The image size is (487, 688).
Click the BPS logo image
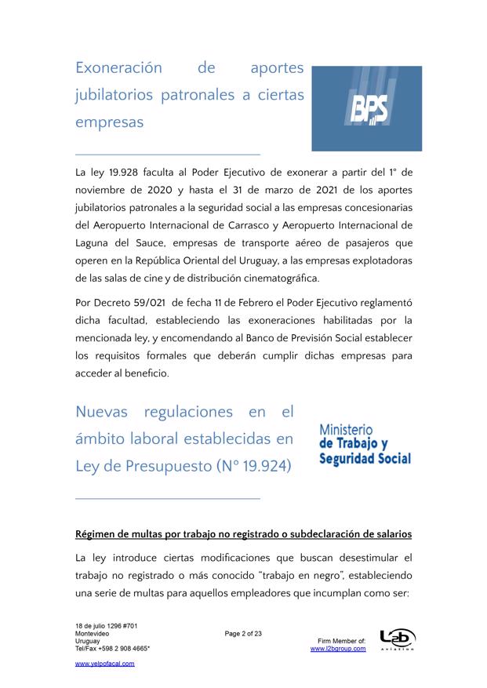tap(366, 108)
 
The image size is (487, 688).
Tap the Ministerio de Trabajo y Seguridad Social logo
tap(365, 445)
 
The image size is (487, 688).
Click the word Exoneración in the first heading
tap(118, 68)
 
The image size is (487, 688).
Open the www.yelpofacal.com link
tap(104, 664)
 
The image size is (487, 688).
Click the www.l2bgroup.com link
tap(338, 649)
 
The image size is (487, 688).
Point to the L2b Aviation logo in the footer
tap(397, 639)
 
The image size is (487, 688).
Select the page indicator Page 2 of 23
tap(243, 634)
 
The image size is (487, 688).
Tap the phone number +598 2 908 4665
tap(122, 649)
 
